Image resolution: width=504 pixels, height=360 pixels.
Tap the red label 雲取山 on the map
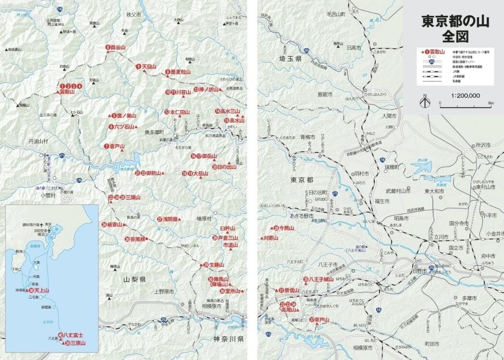(67, 91)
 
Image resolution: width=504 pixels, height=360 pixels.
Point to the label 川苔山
(183, 92)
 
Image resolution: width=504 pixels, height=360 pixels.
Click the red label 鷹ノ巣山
(126, 116)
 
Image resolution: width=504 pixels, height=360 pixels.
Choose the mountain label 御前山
(154, 173)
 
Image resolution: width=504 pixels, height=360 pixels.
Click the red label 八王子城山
(321, 279)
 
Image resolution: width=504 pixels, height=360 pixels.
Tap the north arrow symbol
(425, 102)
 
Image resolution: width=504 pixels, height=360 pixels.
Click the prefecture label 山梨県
(135, 279)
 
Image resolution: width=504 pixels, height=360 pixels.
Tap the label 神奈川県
(228, 339)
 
